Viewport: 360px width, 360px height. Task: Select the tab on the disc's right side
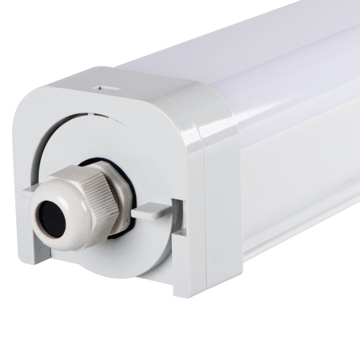click(x=152, y=212)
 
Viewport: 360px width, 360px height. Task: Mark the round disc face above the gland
click(x=120, y=144)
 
